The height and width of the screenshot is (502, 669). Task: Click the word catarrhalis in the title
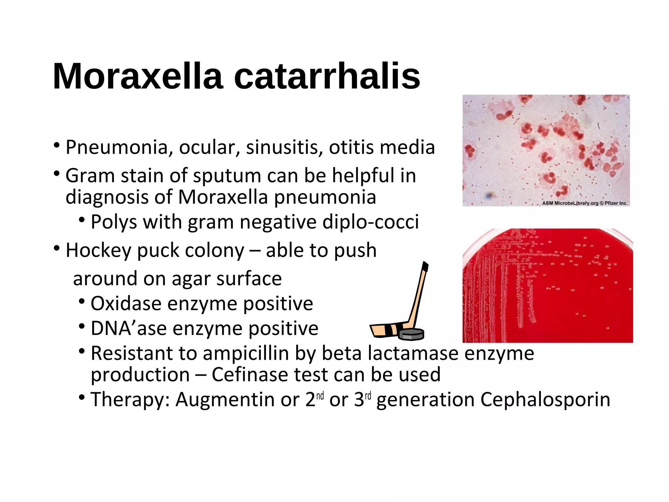tap(327, 76)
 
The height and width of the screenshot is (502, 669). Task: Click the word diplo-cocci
tap(370, 222)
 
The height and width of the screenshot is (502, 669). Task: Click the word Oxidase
tap(126, 304)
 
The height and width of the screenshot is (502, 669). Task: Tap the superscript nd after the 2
tap(320, 396)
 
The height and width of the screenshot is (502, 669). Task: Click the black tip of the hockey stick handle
tap(425, 266)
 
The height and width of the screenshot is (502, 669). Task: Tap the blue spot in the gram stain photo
tap(489, 195)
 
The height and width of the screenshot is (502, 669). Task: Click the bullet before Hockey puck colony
tap(57, 249)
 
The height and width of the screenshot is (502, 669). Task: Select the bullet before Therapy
tap(82, 397)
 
